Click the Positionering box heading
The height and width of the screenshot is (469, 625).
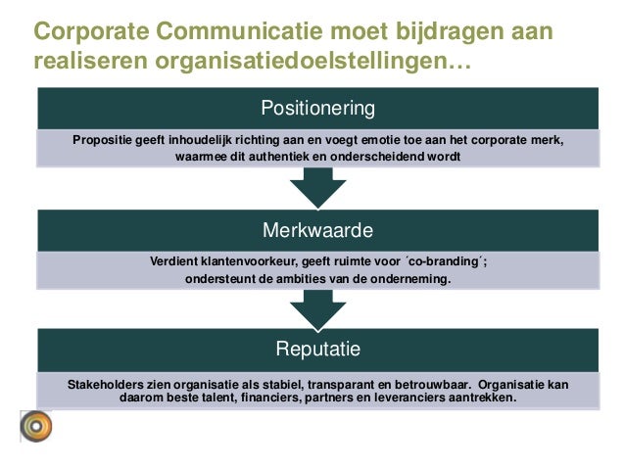[x=317, y=106]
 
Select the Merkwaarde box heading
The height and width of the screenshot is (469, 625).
[x=317, y=230]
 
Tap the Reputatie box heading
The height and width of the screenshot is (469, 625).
[x=317, y=349]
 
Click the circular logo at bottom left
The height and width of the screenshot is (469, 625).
[x=38, y=428]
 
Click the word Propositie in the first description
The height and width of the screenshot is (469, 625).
[x=103, y=139]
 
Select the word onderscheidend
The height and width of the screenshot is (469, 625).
[x=392, y=157]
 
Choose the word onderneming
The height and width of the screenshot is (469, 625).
[x=408, y=279]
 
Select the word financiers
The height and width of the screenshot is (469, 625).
[x=271, y=399]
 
